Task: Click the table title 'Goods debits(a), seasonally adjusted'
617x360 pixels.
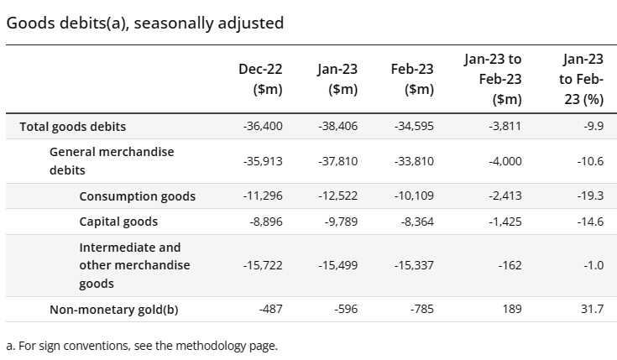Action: click(x=144, y=23)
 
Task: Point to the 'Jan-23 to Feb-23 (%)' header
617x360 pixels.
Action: click(x=583, y=79)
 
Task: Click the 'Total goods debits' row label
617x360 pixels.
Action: click(x=73, y=127)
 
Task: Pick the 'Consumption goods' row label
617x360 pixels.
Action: click(x=137, y=196)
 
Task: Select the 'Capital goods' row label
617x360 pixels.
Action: click(x=118, y=222)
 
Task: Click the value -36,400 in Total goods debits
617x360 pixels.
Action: click(x=262, y=127)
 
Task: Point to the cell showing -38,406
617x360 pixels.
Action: click(x=337, y=127)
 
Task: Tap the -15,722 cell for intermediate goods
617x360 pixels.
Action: click(x=262, y=265)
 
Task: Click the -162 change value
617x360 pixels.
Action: click(x=509, y=265)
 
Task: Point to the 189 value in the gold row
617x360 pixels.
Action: click(x=511, y=310)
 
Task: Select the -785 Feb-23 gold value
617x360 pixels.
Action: click(x=421, y=310)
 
